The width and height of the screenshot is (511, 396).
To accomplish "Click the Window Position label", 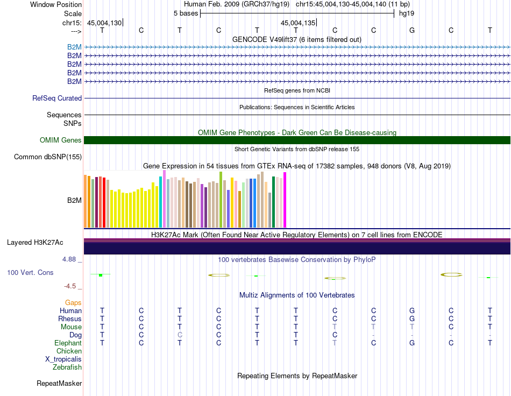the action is pos(56,4).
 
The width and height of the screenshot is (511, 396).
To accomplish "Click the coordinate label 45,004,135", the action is pos(298,23).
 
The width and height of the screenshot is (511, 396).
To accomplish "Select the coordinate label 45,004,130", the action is pos(104,23).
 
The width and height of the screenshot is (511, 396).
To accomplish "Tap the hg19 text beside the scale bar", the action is pos(407,13).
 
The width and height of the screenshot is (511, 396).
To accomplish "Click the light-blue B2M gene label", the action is pos(74,47).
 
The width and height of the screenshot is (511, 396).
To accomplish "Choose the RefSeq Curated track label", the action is pos(57,98).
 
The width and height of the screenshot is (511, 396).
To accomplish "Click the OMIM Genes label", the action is pos(61,140).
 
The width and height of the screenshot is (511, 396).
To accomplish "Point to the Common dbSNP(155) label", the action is pos(48,157).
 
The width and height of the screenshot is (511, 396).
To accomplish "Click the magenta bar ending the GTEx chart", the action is pos(285,200).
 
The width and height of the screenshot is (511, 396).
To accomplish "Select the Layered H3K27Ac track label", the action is pos(35,243).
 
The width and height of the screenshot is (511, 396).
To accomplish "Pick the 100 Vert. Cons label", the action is pos(30,272).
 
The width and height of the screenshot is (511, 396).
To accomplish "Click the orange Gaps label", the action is pos(73,303).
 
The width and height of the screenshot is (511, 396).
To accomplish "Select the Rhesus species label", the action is pos(70,319).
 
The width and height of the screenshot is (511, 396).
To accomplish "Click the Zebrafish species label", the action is pos(67,367).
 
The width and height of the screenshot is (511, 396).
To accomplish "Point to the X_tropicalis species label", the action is pos(63,359).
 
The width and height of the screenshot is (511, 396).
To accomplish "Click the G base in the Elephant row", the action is pos(412,343).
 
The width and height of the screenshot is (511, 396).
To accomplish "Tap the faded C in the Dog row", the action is pos(180,335).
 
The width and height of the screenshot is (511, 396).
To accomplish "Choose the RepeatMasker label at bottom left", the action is pos(59,383).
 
